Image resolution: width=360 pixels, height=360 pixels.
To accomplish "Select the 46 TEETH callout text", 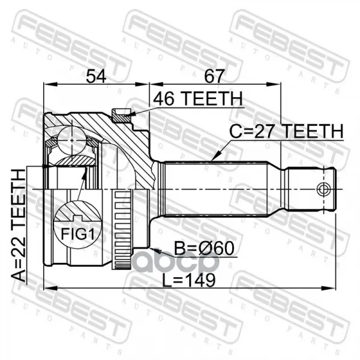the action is (197, 99).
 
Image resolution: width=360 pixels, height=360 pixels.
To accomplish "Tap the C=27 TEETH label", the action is (286, 131).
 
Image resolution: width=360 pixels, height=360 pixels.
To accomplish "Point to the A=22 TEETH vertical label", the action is (19, 225).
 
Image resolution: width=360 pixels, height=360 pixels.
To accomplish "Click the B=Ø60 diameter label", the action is (204, 248).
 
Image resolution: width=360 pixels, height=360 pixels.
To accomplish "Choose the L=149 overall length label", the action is (189, 280).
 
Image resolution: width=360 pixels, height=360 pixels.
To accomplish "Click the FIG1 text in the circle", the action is (77, 234).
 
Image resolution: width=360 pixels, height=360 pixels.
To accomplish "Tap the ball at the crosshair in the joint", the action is (72, 140).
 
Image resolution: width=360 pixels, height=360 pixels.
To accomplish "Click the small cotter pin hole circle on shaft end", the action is (324, 190).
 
